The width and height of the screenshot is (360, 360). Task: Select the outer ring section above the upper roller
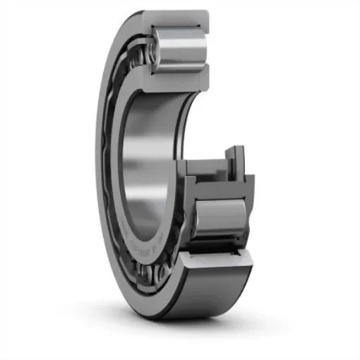[x=176, y=16]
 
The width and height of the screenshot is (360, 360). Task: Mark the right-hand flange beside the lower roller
[x=248, y=212]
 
